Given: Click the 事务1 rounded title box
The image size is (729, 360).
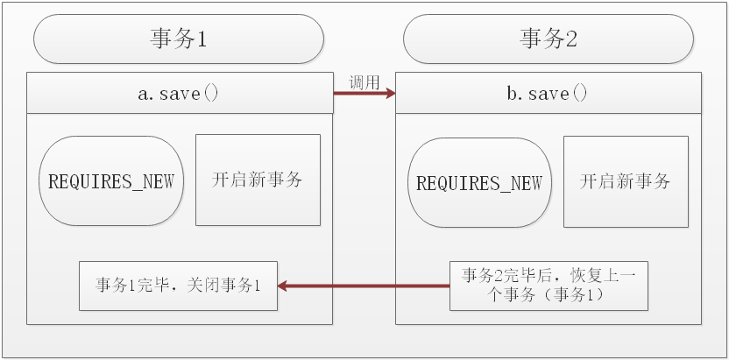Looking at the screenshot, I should point(178,39).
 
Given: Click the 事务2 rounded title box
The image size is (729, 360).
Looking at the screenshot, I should point(548,39).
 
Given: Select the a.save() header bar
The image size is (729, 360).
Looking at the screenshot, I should point(180,93).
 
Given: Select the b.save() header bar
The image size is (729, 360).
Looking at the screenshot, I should point(549,93).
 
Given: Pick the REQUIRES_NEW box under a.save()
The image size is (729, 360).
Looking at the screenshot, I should point(111,181).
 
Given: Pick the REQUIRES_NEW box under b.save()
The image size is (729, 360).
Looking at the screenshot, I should point(479,183).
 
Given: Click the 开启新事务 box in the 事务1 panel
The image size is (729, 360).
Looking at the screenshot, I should point(258,180).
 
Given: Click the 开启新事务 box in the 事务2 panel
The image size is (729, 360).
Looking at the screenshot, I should point(626,181).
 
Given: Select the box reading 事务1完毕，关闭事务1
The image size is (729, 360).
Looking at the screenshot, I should point(178,286).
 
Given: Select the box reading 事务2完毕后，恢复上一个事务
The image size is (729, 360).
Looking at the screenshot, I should point(549,286).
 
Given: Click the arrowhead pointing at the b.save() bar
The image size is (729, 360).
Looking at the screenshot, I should point(388,93).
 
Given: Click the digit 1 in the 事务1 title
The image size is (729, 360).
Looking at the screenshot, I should point(201,39).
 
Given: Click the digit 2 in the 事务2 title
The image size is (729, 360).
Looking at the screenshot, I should point(570,39).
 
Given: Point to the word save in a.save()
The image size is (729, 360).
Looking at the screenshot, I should point(180,93).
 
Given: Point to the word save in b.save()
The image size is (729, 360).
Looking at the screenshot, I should point(549,93).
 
